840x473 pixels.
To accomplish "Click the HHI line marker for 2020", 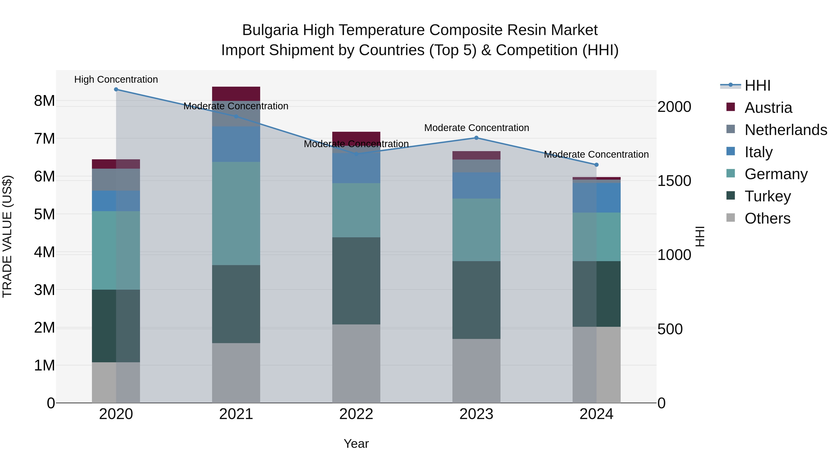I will coord(116,89).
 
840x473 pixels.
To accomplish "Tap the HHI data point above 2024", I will coord(596,165).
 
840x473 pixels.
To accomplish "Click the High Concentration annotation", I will coord(116,80).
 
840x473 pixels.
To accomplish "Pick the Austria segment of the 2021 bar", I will coord(236,94).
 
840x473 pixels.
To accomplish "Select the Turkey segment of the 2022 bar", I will coord(356,281).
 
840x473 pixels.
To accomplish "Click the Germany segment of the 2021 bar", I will coord(236,213).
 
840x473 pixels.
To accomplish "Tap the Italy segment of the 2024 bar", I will coord(596,198).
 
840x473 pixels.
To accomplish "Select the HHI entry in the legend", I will coord(757,85).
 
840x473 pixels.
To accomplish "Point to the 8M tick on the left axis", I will coord(44,101).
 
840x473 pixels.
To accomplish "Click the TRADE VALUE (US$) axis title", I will coord(7,236).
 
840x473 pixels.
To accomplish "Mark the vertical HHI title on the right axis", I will coord(700,236).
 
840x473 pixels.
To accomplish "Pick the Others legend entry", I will coord(767,218).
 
